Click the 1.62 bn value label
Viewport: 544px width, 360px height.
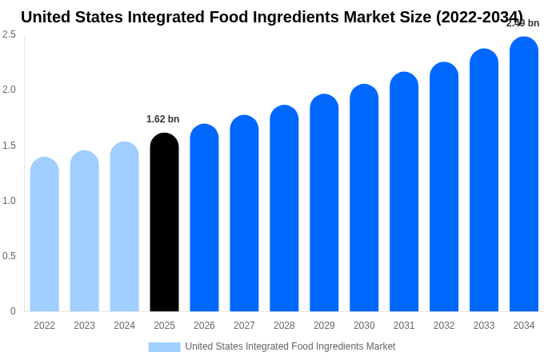(x=163, y=119)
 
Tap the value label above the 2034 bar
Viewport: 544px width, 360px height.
(x=522, y=23)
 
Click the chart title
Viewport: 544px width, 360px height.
(x=272, y=17)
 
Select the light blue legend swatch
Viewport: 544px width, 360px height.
(x=164, y=346)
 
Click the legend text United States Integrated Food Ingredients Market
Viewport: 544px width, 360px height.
(x=290, y=346)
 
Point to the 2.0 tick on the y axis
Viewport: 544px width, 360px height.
(x=9, y=90)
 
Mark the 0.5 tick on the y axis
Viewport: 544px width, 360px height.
(x=9, y=256)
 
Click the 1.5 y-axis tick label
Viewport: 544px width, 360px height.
(x=9, y=146)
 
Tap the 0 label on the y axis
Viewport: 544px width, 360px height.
(x=13, y=311)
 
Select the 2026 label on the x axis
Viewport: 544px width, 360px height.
(x=204, y=326)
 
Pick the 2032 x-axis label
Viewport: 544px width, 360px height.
(x=444, y=326)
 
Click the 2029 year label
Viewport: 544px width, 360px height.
(x=324, y=326)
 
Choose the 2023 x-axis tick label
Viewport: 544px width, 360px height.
(x=85, y=326)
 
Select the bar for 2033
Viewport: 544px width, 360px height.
(x=484, y=180)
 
